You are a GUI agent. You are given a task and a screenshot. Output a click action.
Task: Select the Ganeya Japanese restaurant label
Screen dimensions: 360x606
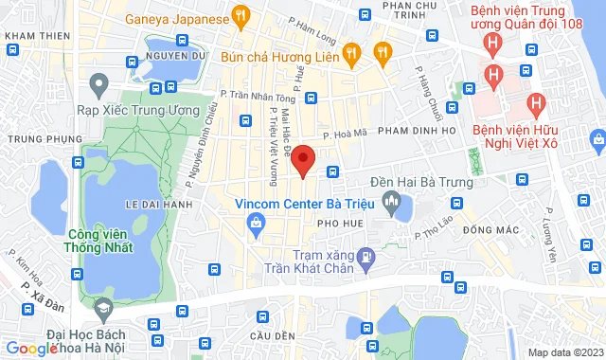[178, 18]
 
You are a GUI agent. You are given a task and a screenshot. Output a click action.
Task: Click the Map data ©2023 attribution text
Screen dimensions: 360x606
[564, 352]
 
